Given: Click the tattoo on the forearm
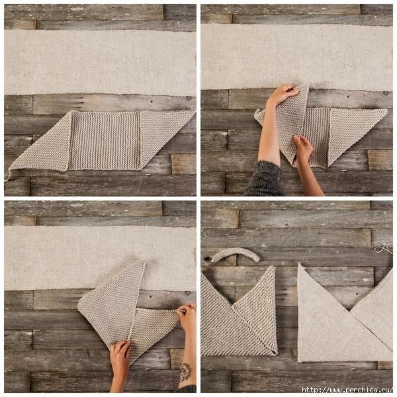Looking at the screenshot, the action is click(x=186, y=372).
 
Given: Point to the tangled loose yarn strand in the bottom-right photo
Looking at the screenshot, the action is click(x=383, y=249).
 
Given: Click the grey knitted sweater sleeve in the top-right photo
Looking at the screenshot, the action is click(x=265, y=179).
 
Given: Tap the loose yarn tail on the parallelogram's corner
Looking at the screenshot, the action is click(x=7, y=175).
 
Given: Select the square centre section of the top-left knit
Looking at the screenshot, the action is click(x=105, y=140).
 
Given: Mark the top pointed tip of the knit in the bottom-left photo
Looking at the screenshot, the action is click(x=144, y=261).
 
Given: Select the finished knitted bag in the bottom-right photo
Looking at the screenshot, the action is click(x=239, y=312).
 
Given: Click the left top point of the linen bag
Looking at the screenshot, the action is click(x=300, y=263).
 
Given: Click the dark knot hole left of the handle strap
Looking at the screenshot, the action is click(x=208, y=259).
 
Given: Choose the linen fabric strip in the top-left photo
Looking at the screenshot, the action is click(x=100, y=62).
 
